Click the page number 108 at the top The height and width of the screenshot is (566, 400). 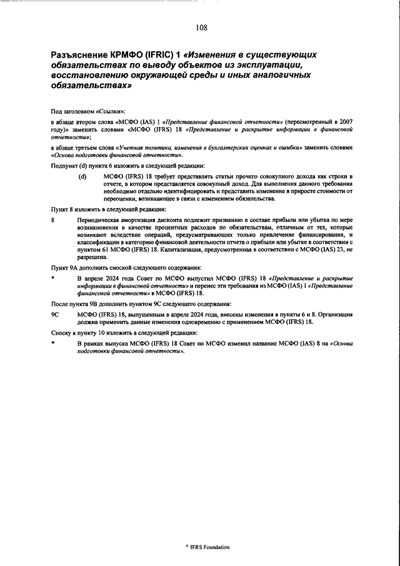[x=201, y=26]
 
